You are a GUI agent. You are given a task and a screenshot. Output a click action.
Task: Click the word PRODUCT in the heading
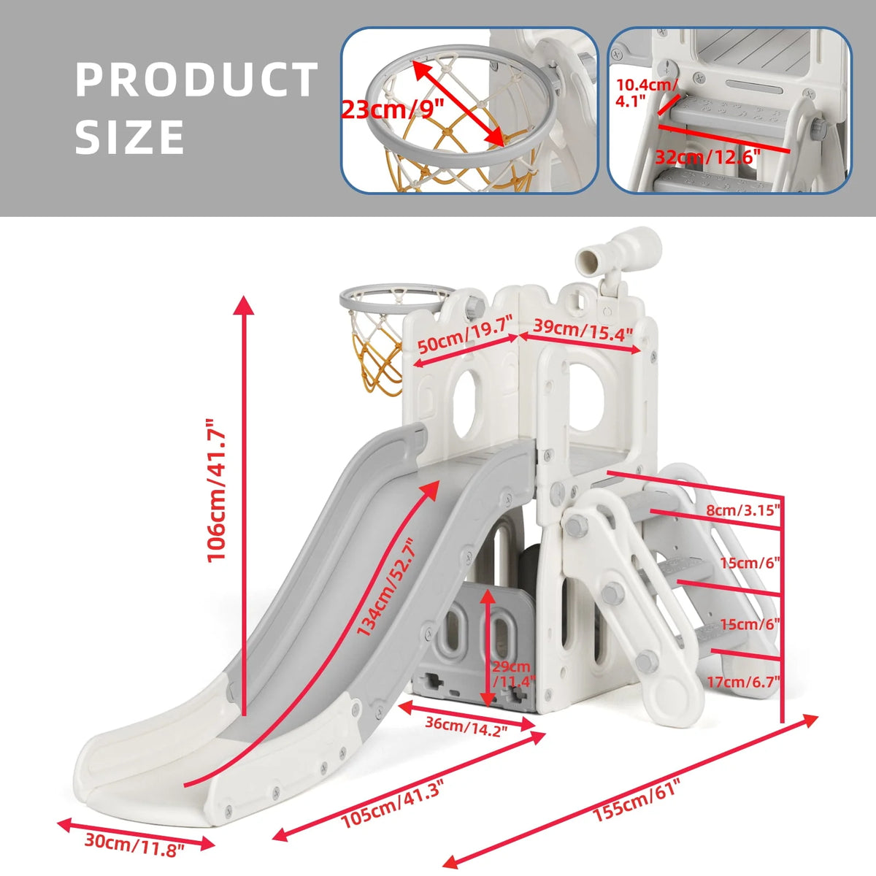196,79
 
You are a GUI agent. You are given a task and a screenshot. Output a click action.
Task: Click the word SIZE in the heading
129,137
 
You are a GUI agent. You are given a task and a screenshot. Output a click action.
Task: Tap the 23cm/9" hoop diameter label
392,109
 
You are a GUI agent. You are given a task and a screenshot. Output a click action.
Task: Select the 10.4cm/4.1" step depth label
646,92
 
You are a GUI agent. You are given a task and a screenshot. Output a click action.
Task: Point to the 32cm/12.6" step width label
708,157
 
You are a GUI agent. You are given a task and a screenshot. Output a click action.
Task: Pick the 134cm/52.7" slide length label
386,588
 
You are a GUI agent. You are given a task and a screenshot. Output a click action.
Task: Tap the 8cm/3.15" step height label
743,510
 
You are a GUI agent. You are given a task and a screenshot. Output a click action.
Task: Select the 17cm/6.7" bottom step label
743,681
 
